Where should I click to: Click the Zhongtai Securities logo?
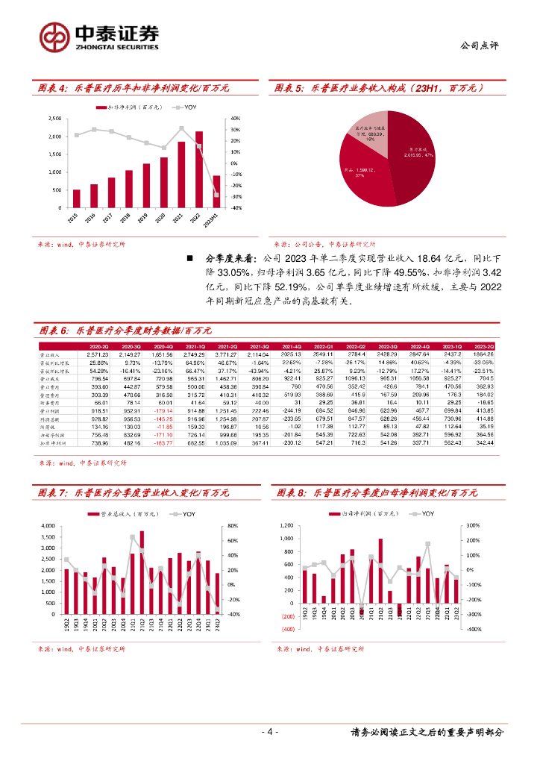click(x=99, y=36)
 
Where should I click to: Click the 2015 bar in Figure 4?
click(x=76, y=198)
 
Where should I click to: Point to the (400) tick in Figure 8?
click(x=287, y=629)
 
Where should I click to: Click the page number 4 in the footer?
click(x=271, y=732)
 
